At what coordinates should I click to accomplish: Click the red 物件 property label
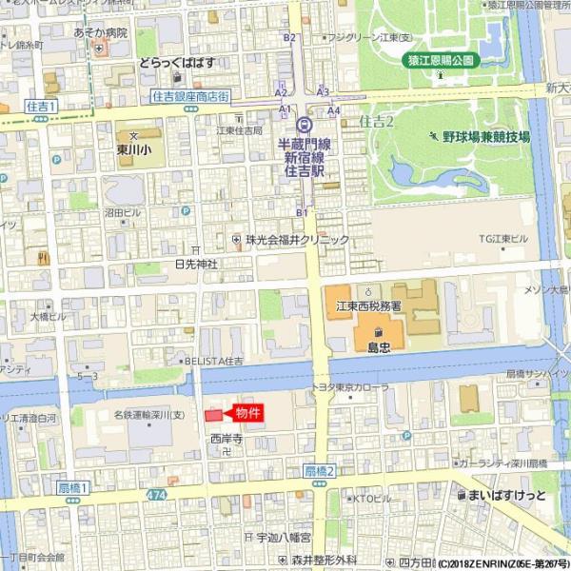247,413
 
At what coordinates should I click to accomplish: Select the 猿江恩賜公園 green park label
441,59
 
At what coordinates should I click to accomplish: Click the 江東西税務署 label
368,306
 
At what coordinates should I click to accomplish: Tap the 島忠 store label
379,347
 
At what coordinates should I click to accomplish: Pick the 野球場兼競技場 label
485,136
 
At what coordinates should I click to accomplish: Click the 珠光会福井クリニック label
297,240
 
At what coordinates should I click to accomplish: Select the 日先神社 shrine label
196,263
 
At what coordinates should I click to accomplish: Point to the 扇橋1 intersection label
72,488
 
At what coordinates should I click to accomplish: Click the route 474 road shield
157,496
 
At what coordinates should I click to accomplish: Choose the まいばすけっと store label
507,495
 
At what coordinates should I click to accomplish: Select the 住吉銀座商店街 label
190,97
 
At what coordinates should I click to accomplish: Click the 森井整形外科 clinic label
324,560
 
